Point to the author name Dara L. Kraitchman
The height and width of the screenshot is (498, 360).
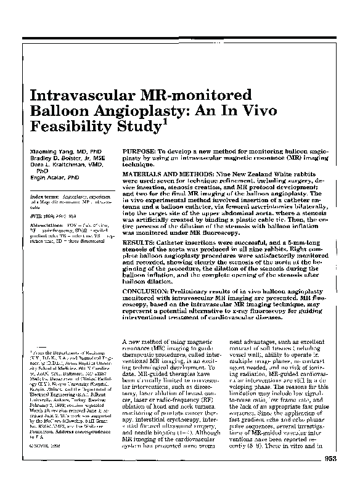57,165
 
